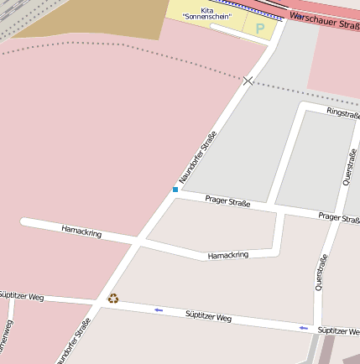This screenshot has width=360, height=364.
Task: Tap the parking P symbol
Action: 260,29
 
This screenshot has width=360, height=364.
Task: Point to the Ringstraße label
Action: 342,112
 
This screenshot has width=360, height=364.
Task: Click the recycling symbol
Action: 113,298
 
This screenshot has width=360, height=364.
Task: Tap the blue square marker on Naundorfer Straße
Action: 175,190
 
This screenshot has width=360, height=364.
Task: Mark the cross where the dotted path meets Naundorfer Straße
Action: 248,81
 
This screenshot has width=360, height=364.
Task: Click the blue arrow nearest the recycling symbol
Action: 159,310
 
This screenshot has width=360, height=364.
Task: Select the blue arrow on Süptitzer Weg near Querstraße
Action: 304,327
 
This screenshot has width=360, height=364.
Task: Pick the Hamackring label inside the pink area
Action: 81,231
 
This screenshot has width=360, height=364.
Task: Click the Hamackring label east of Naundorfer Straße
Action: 228,255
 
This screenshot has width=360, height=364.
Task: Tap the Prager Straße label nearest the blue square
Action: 227,201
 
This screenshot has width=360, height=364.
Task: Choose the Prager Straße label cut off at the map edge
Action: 339,218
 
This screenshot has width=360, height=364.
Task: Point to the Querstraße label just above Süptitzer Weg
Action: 321,272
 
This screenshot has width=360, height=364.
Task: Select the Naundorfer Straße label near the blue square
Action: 198,157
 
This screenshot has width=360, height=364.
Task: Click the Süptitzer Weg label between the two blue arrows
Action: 208,317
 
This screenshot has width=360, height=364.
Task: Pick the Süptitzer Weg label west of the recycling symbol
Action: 21,296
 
